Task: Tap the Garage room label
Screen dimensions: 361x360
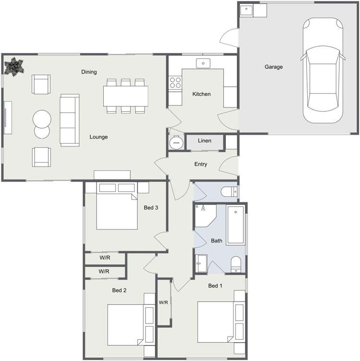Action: [x=273, y=67]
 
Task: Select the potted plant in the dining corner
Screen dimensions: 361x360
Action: [x=13, y=66]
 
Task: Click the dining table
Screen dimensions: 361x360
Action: [x=125, y=96]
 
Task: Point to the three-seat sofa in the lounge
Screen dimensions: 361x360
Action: [x=69, y=120]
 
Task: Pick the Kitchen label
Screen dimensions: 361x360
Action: [x=201, y=94]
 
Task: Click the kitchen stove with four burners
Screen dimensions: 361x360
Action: [x=175, y=83]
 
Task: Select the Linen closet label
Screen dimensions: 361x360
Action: [x=204, y=141]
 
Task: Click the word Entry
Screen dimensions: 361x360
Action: [x=200, y=164]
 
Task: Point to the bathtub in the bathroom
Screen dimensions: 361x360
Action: [x=236, y=225]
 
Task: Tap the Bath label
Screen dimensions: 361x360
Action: [x=216, y=241]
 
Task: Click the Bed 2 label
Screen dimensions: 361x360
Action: [x=119, y=290]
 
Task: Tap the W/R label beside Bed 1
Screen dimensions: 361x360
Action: [x=163, y=302]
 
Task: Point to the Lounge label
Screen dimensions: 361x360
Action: [x=99, y=137]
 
